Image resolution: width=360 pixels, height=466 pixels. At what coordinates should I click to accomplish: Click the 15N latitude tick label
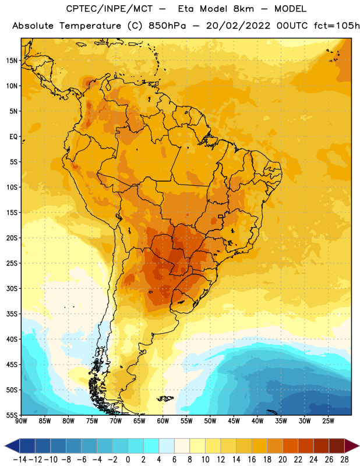point(12,61)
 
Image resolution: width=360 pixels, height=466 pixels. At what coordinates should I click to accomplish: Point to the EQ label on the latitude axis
point(13,137)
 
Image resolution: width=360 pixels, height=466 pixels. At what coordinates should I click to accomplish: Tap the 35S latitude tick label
point(12,314)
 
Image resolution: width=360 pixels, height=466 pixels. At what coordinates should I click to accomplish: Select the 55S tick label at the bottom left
point(12,415)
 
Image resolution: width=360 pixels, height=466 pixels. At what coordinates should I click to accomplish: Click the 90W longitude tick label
point(21,421)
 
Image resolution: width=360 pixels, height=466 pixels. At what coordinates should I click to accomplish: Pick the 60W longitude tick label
point(163,421)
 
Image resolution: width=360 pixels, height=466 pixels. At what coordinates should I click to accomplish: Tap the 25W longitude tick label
point(328,421)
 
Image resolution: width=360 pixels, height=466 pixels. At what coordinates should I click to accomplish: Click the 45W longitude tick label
point(234,421)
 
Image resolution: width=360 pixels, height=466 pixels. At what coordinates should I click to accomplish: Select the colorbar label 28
point(344,460)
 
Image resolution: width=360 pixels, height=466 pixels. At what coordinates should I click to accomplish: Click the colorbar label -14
point(20,460)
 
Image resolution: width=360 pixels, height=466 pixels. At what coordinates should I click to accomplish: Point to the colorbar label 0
point(128,460)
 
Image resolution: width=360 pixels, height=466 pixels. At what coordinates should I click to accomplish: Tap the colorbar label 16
point(252,460)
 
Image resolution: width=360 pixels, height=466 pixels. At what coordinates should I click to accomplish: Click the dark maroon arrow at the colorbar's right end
point(352,446)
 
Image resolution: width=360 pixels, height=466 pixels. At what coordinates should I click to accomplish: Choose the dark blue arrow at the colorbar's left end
point(12,446)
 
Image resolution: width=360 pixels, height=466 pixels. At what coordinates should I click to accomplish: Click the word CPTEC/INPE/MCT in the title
point(109,9)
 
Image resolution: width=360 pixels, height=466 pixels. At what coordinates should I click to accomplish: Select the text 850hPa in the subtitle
point(167,26)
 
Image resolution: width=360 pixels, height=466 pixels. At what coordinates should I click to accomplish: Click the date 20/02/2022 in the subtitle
point(238,26)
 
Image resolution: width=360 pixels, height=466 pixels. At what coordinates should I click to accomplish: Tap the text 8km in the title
point(243,9)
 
